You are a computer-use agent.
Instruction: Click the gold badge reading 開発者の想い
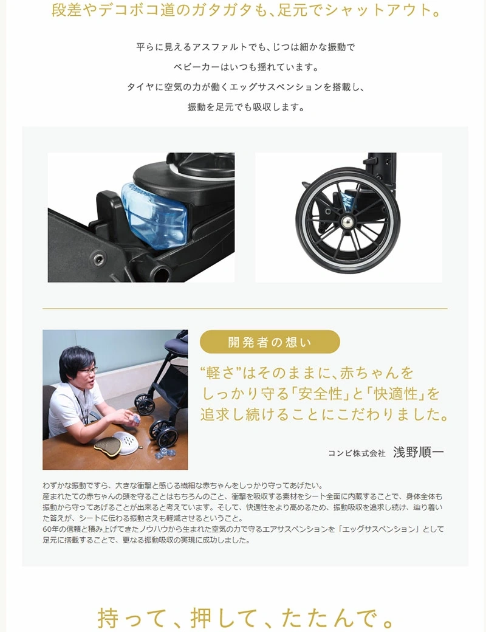[270, 342]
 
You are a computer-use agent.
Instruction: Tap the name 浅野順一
[419, 452]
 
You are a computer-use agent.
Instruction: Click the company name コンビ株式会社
[357, 453]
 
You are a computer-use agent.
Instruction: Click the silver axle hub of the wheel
[346, 221]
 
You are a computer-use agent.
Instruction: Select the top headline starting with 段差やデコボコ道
[246, 10]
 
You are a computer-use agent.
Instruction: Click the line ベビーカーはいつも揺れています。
[246, 67]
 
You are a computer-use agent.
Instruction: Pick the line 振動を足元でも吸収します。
[246, 107]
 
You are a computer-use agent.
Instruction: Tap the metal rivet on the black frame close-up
[99, 258]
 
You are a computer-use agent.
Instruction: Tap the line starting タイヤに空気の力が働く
[246, 87]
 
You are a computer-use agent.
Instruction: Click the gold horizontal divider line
[245, 308]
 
